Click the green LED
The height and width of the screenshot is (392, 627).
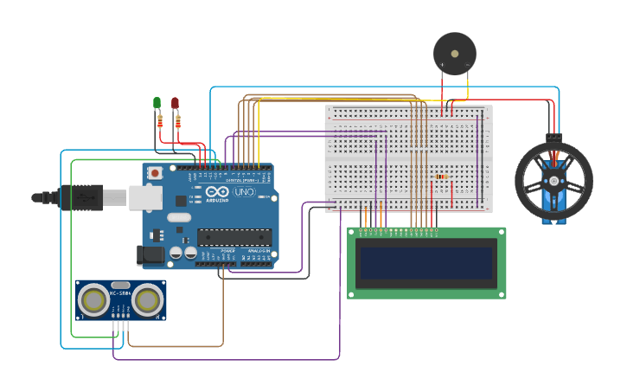tap(157, 103)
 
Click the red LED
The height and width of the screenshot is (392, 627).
tap(175, 103)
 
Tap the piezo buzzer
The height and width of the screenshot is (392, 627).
tap(454, 53)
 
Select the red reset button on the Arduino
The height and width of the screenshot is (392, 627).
tap(155, 173)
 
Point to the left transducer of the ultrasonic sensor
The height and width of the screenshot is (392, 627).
tap(93, 299)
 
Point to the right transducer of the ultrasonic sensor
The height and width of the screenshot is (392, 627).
tap(148, 299)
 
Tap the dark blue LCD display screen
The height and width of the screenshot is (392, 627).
tap(427, 263)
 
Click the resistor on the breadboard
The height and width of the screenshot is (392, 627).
tap(441, 177)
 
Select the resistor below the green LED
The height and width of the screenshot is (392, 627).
tap(160, 122)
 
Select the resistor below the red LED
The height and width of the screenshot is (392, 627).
tap(178, 122)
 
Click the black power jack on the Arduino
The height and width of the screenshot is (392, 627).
tap(151, 254)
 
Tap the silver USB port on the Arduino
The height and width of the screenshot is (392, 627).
tap(145, 197)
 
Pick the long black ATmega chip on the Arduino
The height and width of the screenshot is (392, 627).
tap(234, 236)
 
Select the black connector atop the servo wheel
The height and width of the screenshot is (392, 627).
tap(553, 137)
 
